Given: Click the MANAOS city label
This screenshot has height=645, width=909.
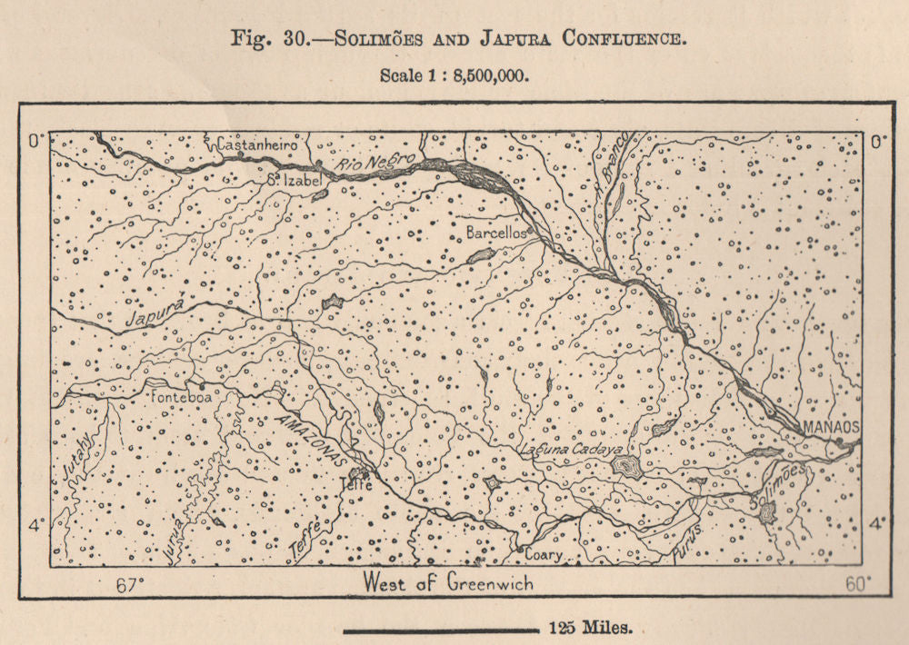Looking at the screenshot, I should click(825, 427).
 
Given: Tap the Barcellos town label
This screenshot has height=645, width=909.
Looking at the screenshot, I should click(496, 233).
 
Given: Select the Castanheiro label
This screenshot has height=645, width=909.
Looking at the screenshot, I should click(257, 144).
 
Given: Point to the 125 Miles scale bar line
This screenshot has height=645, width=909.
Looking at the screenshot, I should click(441, 629).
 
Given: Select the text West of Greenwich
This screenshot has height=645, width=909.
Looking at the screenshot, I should click(447, 583).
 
